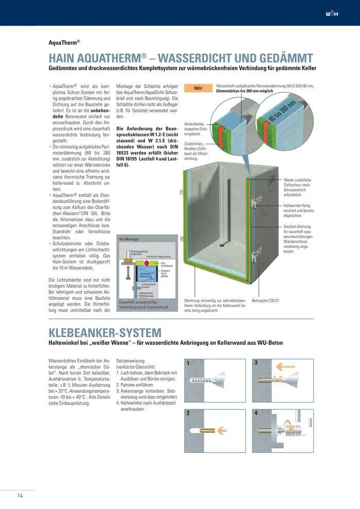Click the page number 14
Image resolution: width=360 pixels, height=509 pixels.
point(20,496)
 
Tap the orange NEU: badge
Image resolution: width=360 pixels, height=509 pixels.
point(198,88)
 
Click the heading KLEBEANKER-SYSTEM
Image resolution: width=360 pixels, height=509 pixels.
point(105,333)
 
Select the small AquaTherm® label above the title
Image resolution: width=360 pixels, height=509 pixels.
point(64,43)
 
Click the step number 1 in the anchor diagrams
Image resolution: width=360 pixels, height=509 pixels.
point(189,363)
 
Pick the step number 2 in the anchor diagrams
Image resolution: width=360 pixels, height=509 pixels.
point(189,412)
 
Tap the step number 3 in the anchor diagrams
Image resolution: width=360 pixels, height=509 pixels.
point(256,363)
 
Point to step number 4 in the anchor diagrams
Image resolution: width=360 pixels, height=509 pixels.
point(256,412)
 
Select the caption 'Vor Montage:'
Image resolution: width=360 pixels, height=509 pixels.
point(130,240)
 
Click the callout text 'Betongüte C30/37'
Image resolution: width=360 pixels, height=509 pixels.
point(269,300)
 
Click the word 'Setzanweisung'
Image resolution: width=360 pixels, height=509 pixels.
point(131,361)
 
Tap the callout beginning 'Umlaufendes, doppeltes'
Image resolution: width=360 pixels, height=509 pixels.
point(195,127)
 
